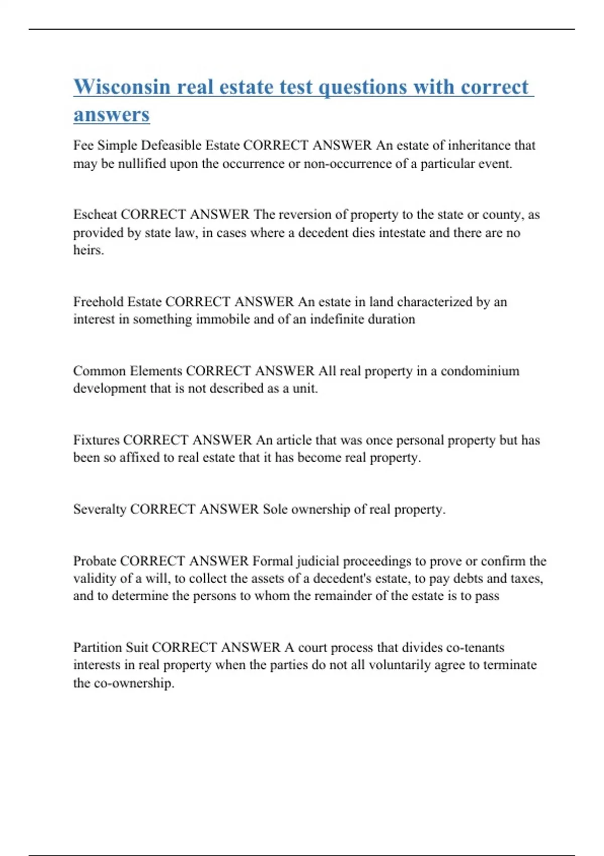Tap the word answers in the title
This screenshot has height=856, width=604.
pyautogui.click(x=111, y=115)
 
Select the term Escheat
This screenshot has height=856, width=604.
pyautogui.click(x=95, y=215)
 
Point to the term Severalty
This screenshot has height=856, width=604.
pyautogui.click(x=100, y=510)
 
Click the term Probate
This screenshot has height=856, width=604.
pyautogui.click(x=95, y=561)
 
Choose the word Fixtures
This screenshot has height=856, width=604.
pyautogui.click(x=96, y=440)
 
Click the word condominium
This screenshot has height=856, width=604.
pyautogui.click(x=480, y=371)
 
